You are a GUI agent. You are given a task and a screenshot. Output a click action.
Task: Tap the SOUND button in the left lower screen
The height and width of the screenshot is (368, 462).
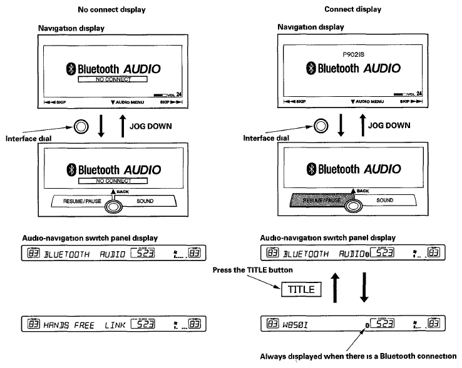(145, 202)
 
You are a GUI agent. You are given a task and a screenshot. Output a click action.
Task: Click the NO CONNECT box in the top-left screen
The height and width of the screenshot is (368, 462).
(113, 81)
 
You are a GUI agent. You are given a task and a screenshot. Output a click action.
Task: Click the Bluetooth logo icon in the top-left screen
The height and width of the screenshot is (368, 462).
(70, 69)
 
